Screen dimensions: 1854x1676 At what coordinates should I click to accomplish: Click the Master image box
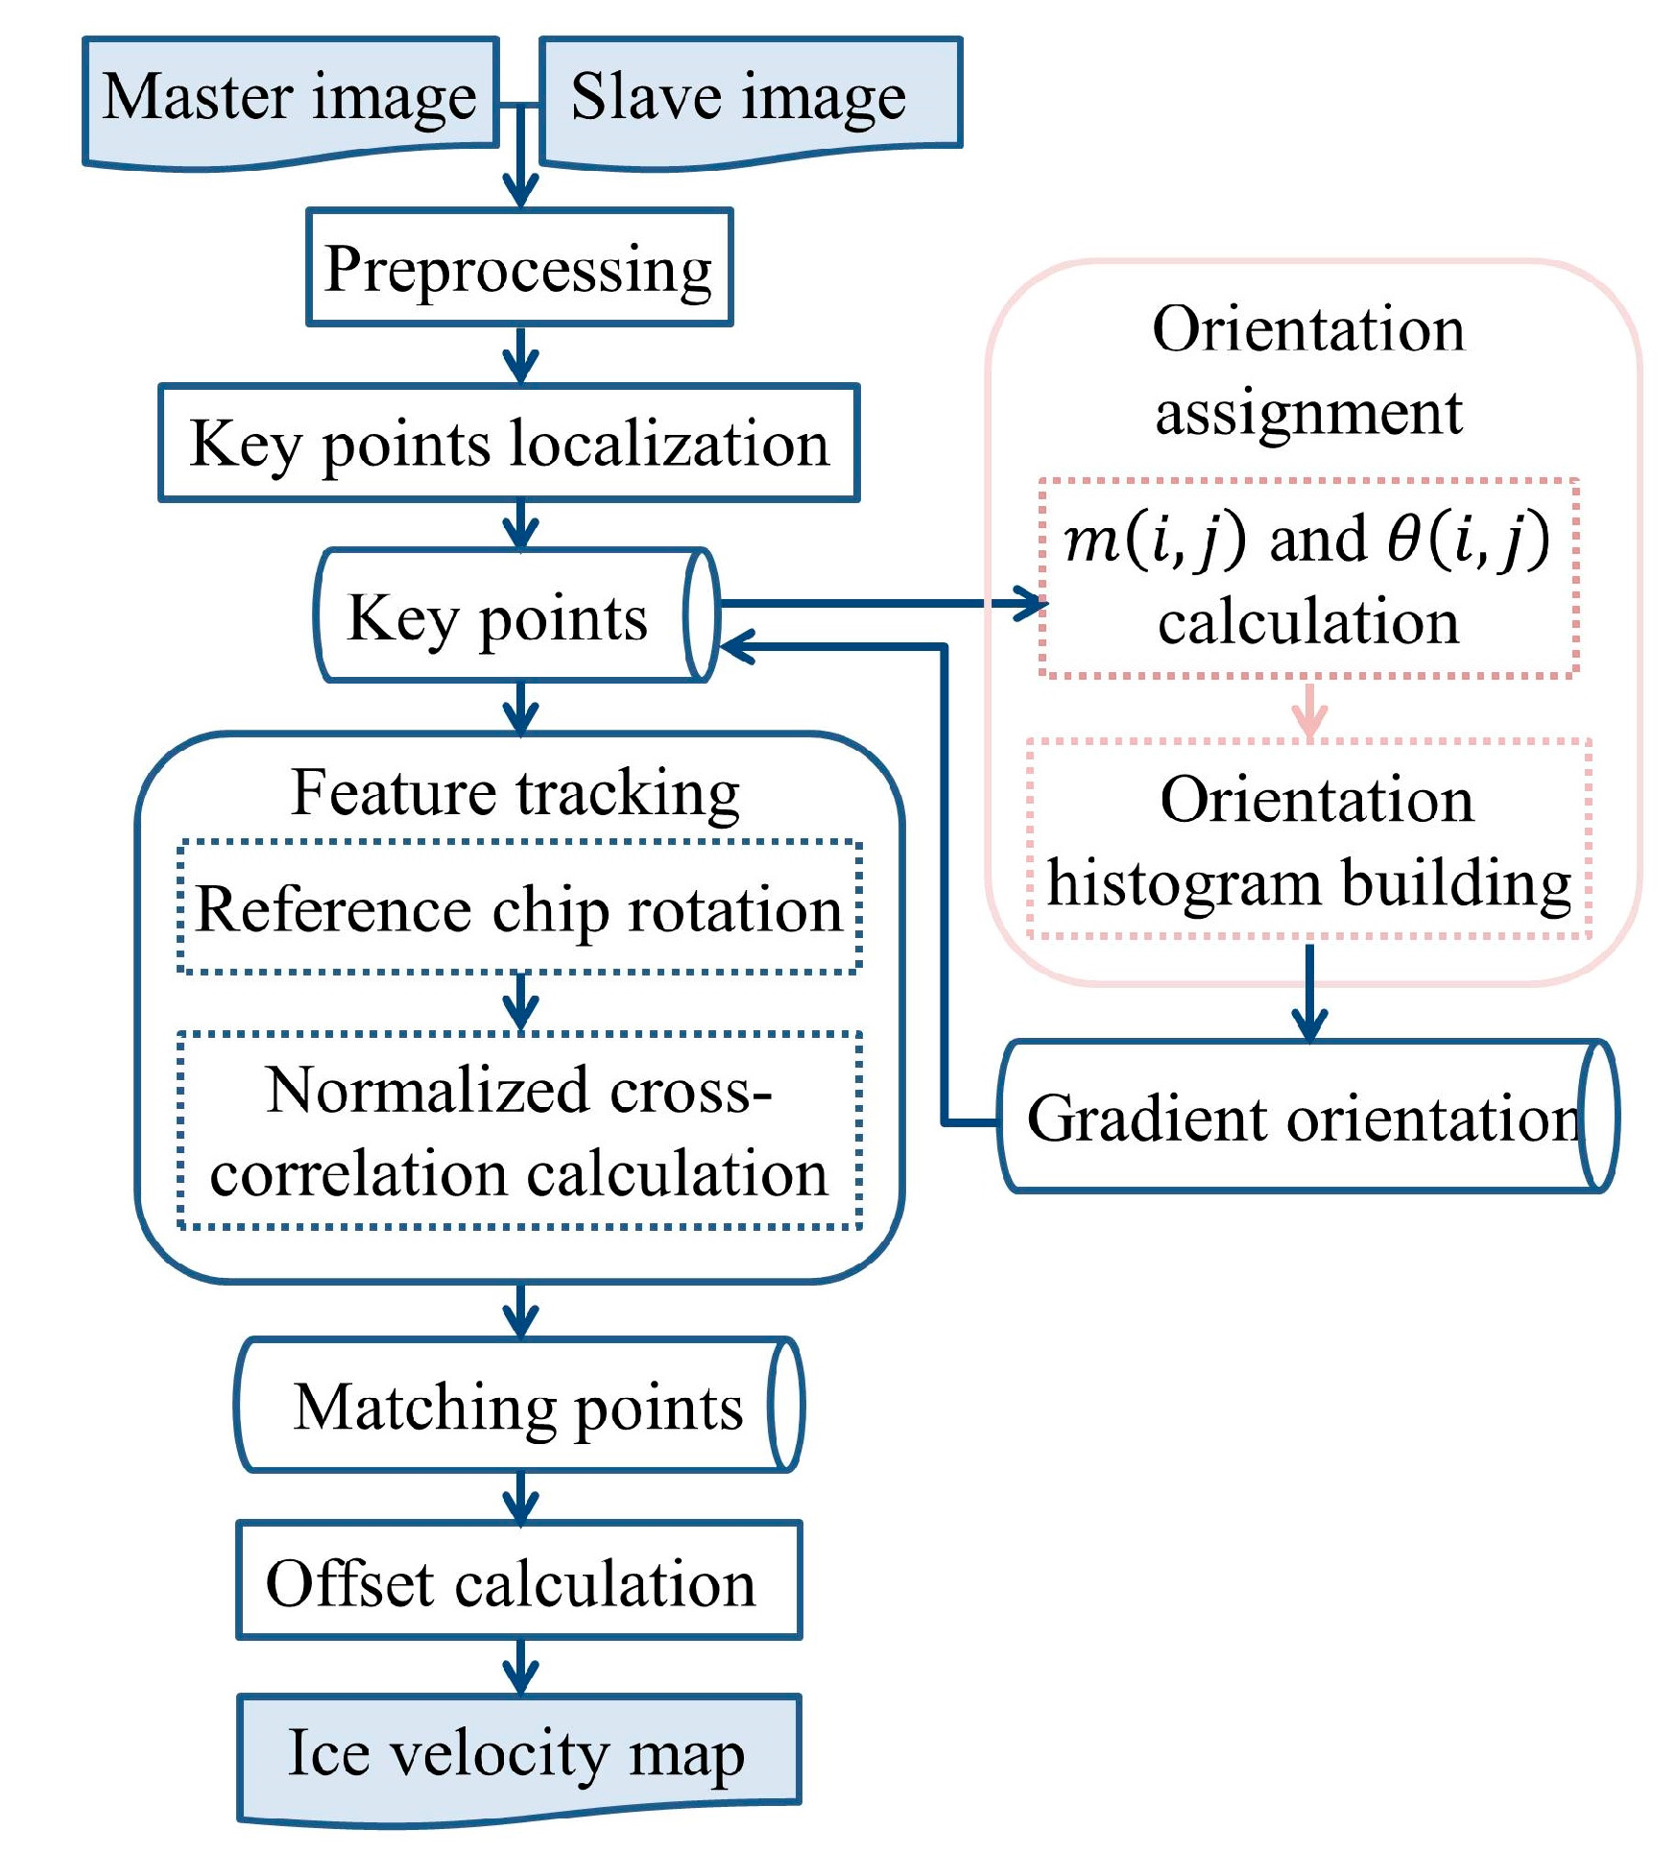(290, 99)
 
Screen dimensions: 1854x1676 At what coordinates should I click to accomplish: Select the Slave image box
(749, 99)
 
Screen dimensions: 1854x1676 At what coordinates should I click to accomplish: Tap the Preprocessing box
(519, 268)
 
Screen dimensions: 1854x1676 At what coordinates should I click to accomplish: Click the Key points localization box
(509, 444)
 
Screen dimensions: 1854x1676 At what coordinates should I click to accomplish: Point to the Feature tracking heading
(515, 793)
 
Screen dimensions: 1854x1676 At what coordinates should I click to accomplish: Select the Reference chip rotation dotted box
(519, 908)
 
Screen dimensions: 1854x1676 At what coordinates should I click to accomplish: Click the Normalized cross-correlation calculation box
(519, 1131)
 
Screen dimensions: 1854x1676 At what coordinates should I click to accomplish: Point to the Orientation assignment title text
(1308, 371)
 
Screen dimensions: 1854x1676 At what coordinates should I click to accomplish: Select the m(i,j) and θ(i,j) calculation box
(1308, 579)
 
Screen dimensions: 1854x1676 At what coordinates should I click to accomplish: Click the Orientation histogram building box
(1308, 840)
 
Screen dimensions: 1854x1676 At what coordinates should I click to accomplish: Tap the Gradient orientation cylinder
(1305, 1118)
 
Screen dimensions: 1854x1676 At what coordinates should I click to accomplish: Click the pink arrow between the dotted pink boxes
(1309, 710)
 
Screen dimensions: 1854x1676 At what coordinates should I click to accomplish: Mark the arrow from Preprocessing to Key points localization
(520, 356)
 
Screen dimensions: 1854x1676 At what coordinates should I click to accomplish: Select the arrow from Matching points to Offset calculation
(520, 1497)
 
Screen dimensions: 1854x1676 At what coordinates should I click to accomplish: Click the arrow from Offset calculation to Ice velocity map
(520, 1668)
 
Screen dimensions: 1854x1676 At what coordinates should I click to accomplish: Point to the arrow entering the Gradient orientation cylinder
(1309, 995)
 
